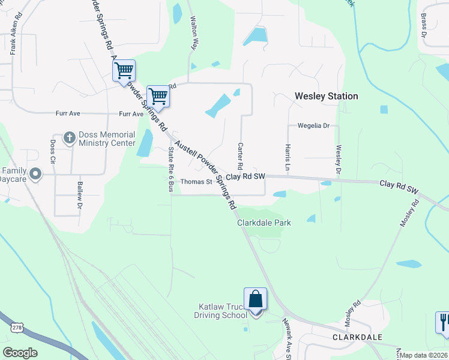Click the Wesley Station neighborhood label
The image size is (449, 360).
coord(326,96)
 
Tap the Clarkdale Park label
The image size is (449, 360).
coord(264,223)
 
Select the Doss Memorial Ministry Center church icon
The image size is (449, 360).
coord(69,137)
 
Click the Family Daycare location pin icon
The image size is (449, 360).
coord(35,174)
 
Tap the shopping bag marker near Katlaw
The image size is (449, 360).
coord(255,300)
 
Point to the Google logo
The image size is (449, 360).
coord(20,353)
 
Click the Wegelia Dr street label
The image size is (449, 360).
coord(314,126)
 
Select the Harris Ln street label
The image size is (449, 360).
coord(288,157)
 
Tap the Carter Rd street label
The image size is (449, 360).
coord(240,155)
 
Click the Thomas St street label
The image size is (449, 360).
coord(196,182)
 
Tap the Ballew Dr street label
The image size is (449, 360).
coord(79,196)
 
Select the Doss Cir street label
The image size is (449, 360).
coord(53,152)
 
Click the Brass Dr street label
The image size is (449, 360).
coord(423,26)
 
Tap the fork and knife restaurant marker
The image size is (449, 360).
coord(443,322)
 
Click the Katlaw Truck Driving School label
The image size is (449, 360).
coord(223,311)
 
